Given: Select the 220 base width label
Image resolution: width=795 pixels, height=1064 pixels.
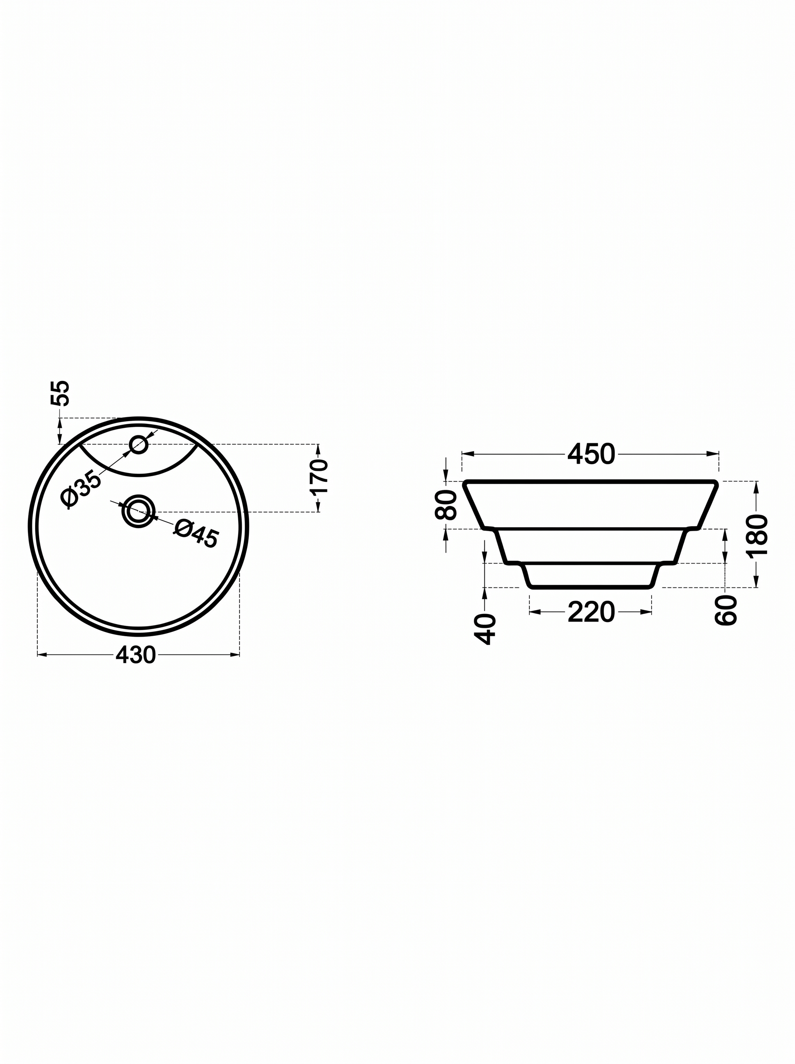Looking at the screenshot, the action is (x=591, y=612).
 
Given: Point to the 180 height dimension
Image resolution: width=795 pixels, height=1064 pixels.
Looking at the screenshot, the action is (x=757, y=535).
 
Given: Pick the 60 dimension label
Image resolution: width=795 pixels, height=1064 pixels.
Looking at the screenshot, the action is (x=726, y=610).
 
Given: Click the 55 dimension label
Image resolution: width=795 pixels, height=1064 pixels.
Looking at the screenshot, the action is (x=60, y=393).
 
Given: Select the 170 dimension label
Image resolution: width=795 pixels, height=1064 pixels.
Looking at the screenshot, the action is (x=319, y=477).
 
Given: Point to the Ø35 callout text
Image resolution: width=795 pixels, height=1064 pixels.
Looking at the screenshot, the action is (x=81, y=489).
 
